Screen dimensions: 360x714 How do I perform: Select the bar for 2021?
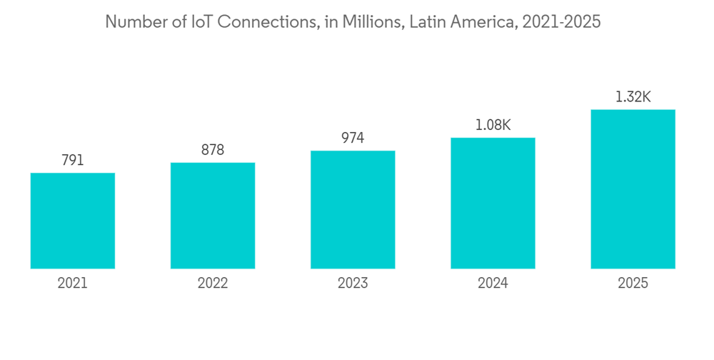(x=73, y=221)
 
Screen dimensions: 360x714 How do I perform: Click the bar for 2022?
(x=213, y=216)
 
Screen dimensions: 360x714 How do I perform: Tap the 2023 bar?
(x=353, y=210)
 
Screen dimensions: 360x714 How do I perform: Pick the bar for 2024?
(x=493, y=204)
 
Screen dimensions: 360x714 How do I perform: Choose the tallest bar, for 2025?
(x=633, y=189)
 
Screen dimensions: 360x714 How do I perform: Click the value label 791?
(x=73, y=161)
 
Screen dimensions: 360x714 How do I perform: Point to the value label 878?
(x=213, y=150)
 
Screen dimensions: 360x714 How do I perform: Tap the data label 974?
(x=353, y=139)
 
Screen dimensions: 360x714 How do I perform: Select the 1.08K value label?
(x=493, y=125)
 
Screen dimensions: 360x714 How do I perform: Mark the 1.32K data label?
(x=633, y=97)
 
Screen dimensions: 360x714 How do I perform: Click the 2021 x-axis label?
(x=73, y=284)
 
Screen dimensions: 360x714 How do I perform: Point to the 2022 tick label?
(x=213, y=284)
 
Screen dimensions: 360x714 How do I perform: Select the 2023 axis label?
(x=353, y=284)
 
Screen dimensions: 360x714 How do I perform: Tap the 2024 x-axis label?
(x=493, y=284)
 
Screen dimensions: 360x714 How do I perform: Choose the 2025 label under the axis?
(x=633, y=284)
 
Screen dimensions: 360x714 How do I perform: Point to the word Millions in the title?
(x=366, y=22)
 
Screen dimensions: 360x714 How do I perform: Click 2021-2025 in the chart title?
(x=562, y=22)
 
